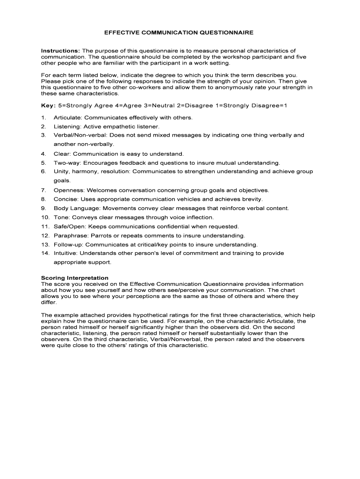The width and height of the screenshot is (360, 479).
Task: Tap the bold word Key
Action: (48, 106)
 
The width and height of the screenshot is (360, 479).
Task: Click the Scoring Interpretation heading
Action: (75, 278)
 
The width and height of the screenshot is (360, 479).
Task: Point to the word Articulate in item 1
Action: (67, 117)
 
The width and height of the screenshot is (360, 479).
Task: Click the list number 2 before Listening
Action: (43, 126)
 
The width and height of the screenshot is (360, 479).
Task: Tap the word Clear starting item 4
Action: (62, 153)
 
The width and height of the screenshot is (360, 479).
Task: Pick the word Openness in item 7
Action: (69, 190)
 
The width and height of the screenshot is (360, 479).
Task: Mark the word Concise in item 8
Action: (65, 199)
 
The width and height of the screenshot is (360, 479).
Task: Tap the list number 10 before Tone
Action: (45, 218)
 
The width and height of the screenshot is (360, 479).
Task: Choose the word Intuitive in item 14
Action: (65, 254)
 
